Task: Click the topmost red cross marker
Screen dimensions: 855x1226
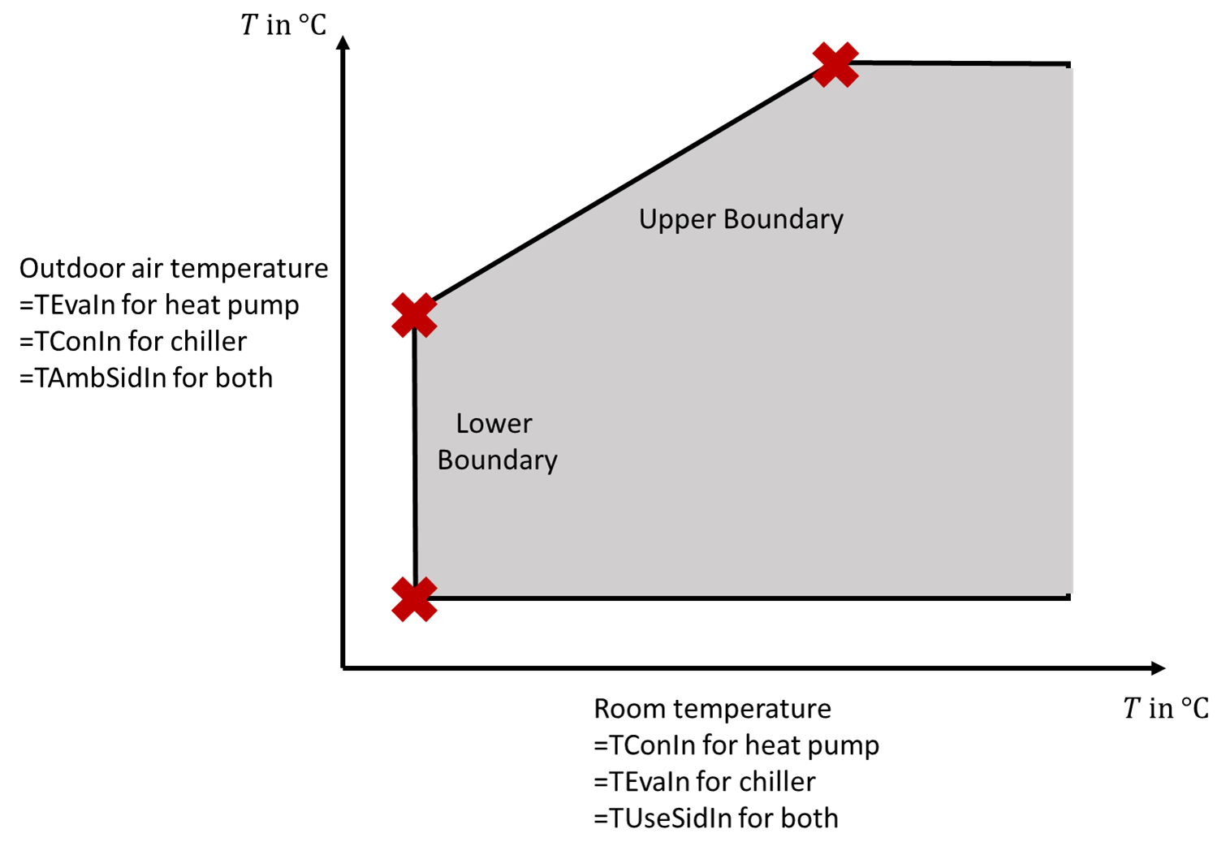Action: (835, 64)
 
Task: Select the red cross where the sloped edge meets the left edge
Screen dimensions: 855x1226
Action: (414, 315)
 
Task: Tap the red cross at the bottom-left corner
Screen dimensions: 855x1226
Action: (414, 599)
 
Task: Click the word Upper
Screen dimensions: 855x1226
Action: (677, 219)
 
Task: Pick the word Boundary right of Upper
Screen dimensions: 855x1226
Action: (783, 219)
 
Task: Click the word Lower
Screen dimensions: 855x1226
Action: (494, 423)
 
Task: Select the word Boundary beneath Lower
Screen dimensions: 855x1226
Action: (497, 460)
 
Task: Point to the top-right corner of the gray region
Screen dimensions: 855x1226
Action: (1072, 67)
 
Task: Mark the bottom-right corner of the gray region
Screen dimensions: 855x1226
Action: (1072, 594)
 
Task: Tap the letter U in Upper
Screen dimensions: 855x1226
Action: (647, 218)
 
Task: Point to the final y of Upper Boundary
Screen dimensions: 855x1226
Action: (836, 222)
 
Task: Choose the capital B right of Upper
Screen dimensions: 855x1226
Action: (730, 218)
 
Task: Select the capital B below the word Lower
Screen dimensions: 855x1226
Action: (445, 460)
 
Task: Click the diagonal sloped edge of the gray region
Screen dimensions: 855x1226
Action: (625, 190)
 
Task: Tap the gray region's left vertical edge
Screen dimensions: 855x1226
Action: (417, 455)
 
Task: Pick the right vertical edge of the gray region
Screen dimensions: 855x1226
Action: (1073, 325)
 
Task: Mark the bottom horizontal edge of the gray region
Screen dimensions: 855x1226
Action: (731, 595)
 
